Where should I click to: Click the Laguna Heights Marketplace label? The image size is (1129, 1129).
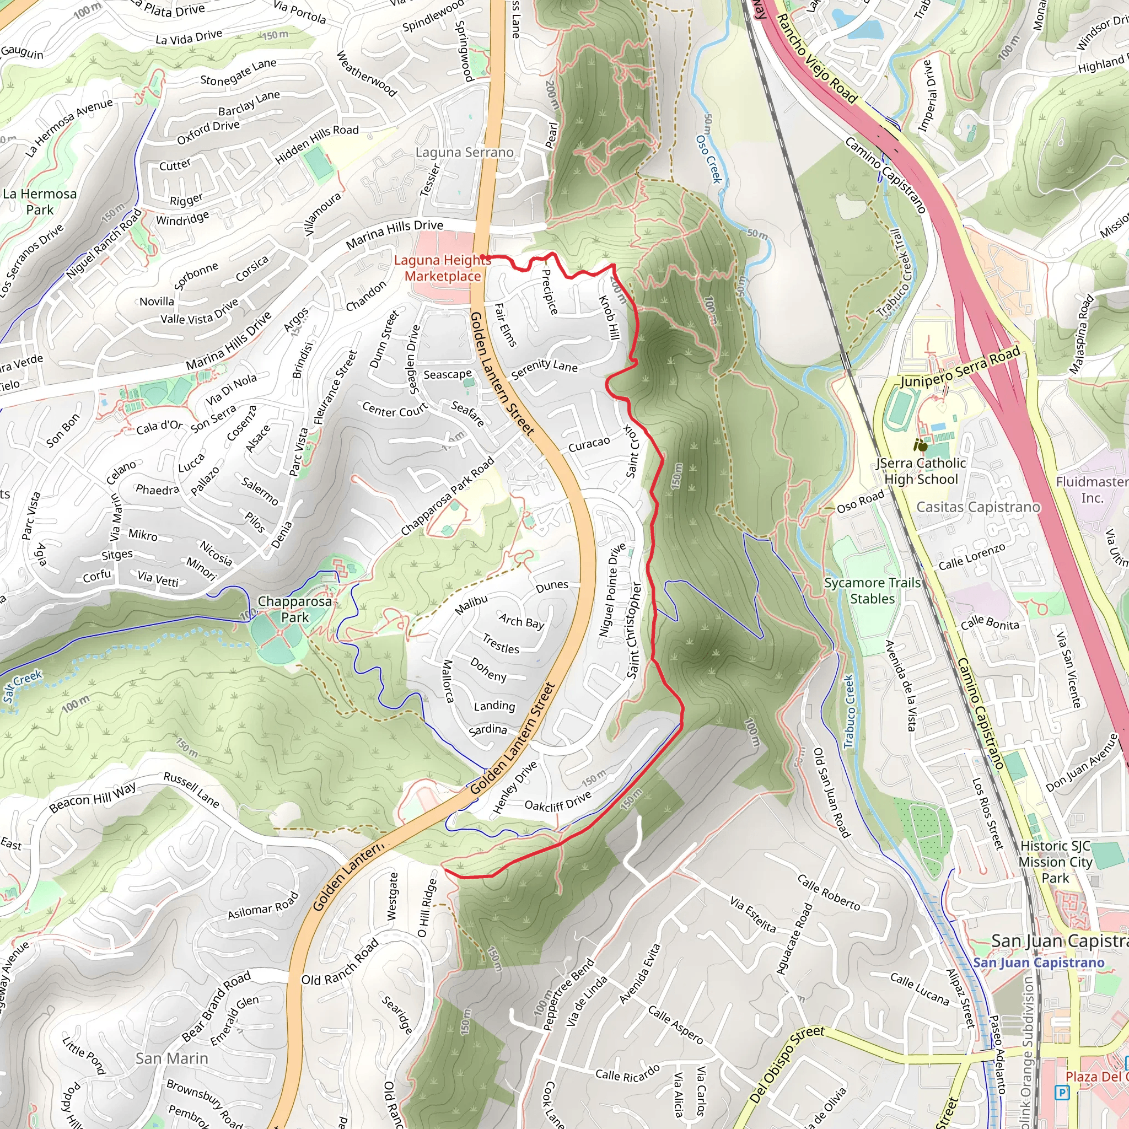[x=442, y=268]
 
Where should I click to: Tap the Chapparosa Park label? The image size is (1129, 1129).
[x=294, y=609]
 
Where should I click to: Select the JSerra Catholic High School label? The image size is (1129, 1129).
[x=921, y=471]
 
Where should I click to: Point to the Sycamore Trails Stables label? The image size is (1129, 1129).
[x=872, y=590]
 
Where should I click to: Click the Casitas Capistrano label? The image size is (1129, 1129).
[x=977, y=507]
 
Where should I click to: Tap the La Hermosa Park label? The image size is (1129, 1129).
[x=40, y=202]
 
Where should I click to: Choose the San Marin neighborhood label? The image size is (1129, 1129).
[x=172, y=1058]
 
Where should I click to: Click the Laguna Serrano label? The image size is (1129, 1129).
[x=465, y=153]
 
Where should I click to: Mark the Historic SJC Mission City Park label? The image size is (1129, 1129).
[x=1055, y=862]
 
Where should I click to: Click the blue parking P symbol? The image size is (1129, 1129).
[x=1062, y=1092]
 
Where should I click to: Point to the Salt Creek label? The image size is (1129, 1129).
[x=22, y=685]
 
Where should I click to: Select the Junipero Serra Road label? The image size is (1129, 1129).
[x=960, y=367]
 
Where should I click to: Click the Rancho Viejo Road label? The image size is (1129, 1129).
[x=816, y=60]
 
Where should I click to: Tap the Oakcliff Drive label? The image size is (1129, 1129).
[x=557, y=801]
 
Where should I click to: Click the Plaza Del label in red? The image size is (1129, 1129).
[x=1096, y=1077]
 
